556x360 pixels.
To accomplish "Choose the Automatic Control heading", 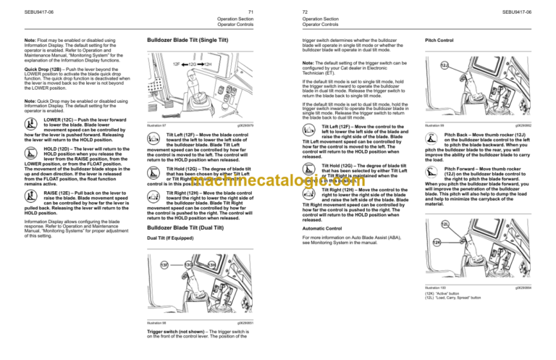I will [322, 227].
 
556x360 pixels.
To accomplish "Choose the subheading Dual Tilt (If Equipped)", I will [172, 238].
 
